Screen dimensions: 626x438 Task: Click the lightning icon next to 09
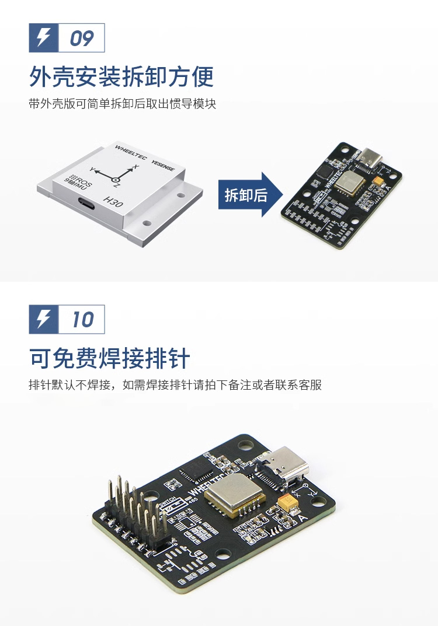click(x=44, y=38)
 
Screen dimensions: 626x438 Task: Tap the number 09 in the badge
click(x=82, y=39)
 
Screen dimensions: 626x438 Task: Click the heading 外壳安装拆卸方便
click(x=121, y=76)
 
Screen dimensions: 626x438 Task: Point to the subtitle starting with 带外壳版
click(x=122, y=104)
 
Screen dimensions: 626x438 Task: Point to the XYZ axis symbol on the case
click(x=117, y=175)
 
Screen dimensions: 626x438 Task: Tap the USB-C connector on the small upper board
click(x=369, y=157)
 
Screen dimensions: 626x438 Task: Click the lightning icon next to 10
click(x=44, y=319)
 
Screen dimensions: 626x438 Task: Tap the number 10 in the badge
click(x=82, y=320)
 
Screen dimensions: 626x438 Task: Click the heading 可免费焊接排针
click(x=110, y=358)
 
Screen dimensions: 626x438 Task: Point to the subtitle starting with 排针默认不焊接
click(x=175, y=386)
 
